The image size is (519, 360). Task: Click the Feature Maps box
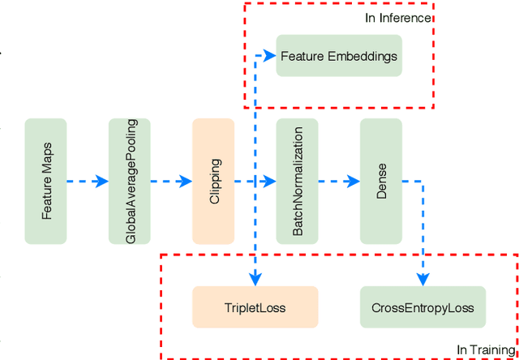point(45,181)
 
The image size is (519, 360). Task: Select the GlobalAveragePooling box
point(130,181)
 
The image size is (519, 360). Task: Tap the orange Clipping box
point(213,181)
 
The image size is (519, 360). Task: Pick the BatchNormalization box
point(297,181)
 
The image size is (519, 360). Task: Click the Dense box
point(381,181)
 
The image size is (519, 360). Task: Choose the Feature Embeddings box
point(339,56)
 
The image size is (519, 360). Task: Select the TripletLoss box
point(255,307)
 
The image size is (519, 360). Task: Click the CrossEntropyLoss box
point(422,307)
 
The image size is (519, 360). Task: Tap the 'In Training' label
point(485,349)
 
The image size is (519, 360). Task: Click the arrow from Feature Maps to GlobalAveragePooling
point(88,182)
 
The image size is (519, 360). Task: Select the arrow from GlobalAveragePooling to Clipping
point(171,182)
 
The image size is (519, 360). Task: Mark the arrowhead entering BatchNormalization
point(270,182)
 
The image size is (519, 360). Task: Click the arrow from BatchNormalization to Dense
point(339,182)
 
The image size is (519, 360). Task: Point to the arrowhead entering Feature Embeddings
point(270,56)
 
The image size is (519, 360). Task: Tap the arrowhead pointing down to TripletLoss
point(255,280)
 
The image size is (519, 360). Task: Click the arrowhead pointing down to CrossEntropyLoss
point(422,280)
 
